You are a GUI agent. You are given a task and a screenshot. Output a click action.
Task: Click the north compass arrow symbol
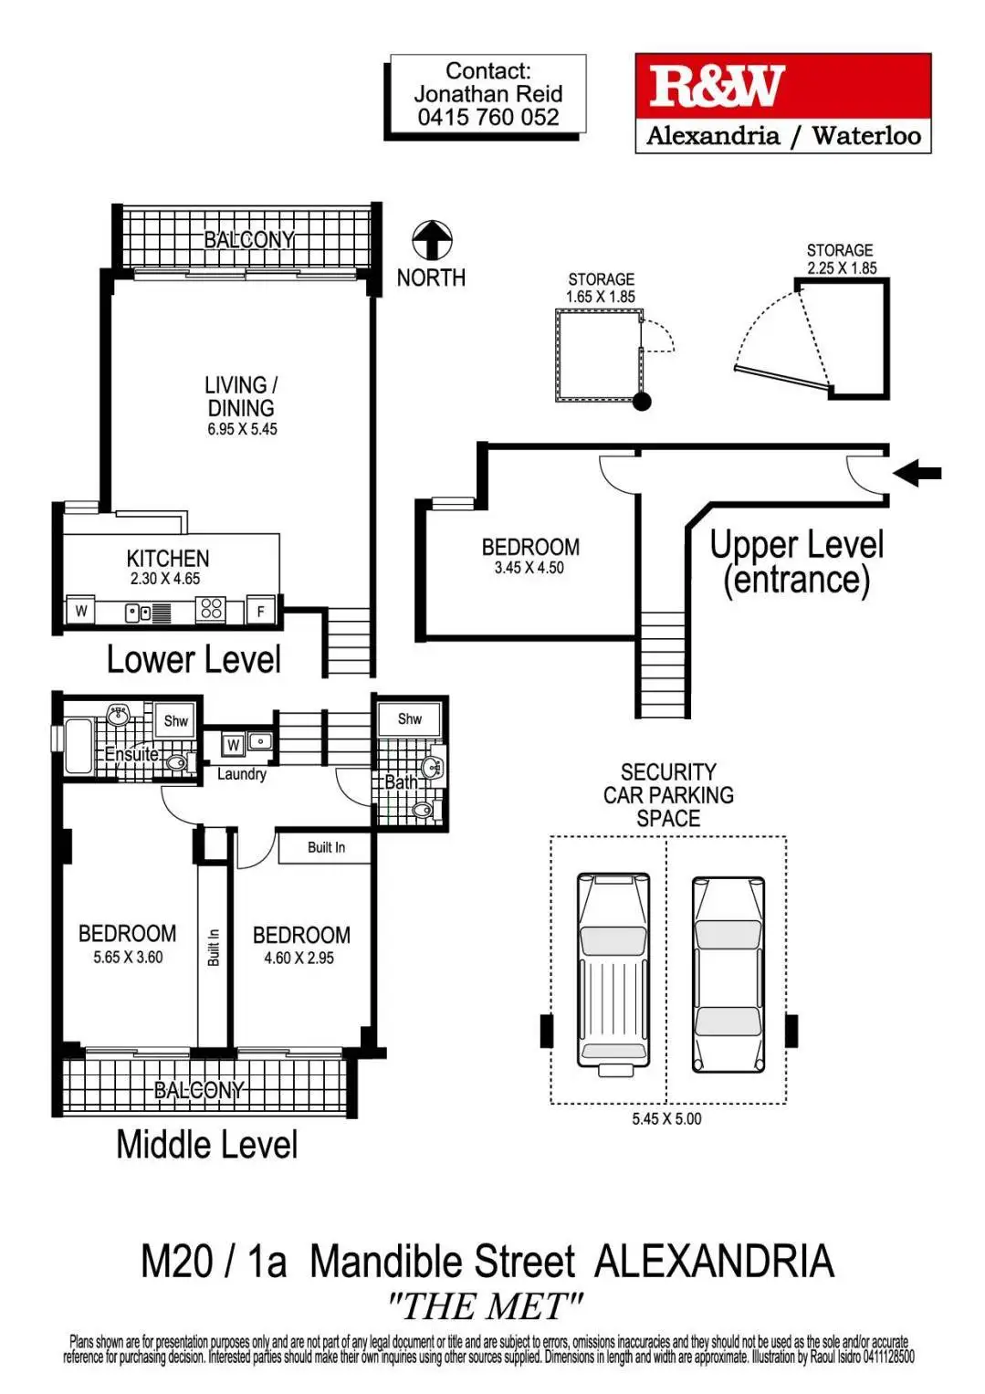(432, 241)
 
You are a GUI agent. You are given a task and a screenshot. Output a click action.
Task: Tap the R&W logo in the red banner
(717, 87)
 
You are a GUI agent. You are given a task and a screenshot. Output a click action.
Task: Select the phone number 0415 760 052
(488, 118)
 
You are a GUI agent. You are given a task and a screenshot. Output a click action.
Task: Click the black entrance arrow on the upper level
(917, 473)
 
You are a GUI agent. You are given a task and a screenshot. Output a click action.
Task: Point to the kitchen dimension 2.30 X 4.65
(164, 579)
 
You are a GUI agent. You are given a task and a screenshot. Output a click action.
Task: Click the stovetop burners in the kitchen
(211, 609)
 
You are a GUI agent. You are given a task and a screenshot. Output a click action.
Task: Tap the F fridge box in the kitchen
(261, 612)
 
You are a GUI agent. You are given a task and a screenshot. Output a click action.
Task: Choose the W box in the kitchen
(81, 612)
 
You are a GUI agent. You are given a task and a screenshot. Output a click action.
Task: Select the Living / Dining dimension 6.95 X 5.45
(242, 429)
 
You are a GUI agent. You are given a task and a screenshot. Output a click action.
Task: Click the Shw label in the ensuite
(175, 721)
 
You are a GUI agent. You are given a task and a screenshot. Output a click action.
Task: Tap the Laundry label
(241, 774)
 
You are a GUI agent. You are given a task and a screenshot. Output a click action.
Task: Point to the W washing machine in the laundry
(234, 745)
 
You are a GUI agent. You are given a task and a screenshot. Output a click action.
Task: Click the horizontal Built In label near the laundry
(326, 847)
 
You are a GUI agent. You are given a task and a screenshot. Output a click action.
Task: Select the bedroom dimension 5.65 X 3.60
(128, 958)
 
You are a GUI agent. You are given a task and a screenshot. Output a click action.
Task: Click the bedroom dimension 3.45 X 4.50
(529, 568)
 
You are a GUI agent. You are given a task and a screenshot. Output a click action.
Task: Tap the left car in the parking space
(613, 970)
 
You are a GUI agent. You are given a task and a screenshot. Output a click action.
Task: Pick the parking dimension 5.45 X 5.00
(666, 1119)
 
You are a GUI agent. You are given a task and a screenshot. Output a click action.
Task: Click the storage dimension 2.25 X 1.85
(841, 268)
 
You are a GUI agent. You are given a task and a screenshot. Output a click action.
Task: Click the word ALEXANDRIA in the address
(714, 1262)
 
